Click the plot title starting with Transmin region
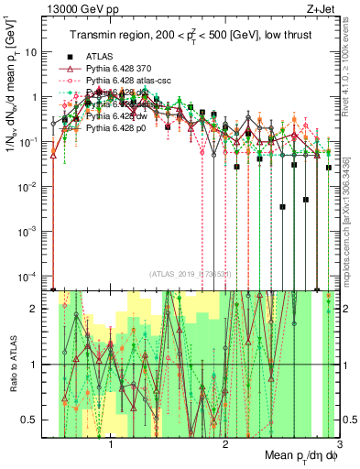[x=189, y=36]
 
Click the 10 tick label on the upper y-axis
[x=38, y=51]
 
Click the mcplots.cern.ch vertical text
[x=351, y=220]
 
